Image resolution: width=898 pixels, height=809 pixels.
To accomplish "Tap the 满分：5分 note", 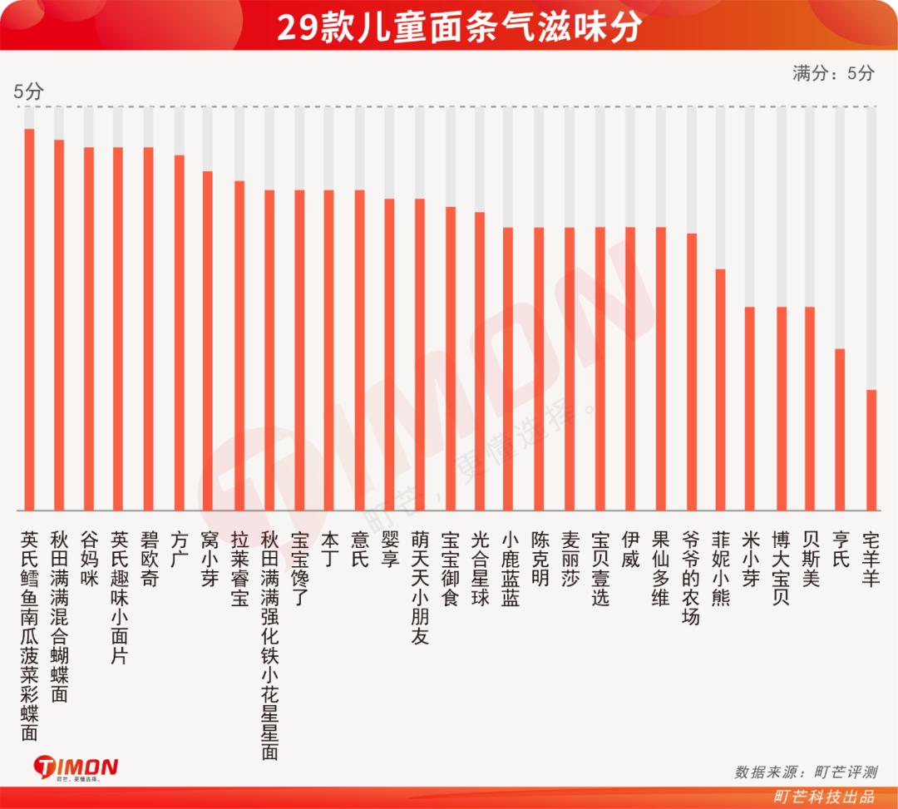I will [x=833, y=73].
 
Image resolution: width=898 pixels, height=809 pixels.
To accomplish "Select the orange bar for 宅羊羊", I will [x=871, y=450].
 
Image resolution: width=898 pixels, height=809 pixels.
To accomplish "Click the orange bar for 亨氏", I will [x=840, y=429].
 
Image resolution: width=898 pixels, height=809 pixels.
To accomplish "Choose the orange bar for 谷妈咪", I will [x=89, y=328].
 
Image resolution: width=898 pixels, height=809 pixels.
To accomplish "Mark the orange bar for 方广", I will [x=179, y=333].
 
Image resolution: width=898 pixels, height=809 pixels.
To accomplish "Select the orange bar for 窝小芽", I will [x=208, y=340].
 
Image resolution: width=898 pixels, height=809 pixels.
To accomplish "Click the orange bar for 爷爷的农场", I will [x=691, y=372].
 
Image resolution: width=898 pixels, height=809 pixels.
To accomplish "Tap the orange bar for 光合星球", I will [x=480, y=361].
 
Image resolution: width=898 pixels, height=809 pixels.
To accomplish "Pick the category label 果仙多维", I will [x=660, y=569].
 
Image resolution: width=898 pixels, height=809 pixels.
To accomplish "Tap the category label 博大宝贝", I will [x=780, y=569].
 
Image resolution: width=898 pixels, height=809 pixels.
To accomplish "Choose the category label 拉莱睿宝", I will [x=239, y=569].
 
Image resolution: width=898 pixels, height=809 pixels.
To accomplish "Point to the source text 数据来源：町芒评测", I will [x=805, y=772].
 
